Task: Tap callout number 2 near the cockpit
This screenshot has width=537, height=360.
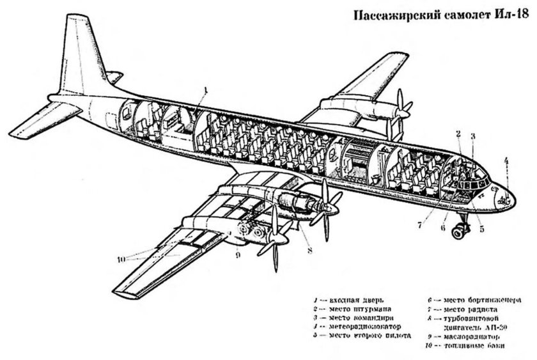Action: (458, 133)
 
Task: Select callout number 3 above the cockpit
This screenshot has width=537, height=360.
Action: (473, 136)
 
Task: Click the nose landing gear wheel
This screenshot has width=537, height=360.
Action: (459, 232)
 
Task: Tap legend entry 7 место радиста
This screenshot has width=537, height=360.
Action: (458, 308)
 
